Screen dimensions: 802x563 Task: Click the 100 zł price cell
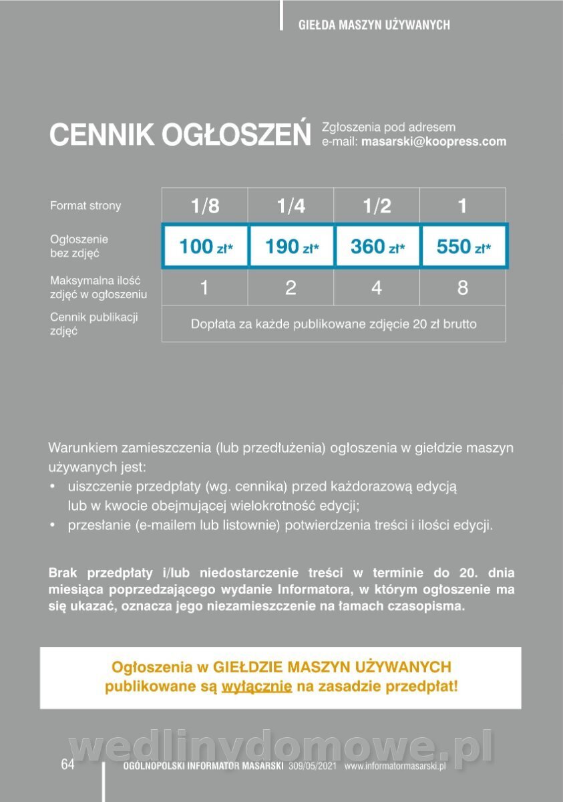(x=205, y=247)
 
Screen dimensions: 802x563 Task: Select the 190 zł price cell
(x=291, y=247)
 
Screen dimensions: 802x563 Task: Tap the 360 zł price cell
(x=377, y=247)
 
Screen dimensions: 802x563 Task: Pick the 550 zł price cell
(x=463, y=247)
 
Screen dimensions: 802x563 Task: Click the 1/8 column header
(x=205, y=206)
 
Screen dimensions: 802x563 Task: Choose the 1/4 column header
(x=291, y=206)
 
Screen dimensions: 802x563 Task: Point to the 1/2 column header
(x=377, y=206)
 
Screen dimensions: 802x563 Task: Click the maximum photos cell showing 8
(x=463, y=288)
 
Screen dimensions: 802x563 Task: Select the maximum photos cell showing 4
(x=377, y=288)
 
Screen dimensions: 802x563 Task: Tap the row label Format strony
(x=85, y=206)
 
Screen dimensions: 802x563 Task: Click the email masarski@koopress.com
(x=433, y=142)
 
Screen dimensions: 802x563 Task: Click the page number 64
(x=67, y=765)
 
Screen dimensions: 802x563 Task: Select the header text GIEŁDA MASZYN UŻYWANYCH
(x=374, y=25)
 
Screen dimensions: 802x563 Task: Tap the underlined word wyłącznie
(x=257, y=686)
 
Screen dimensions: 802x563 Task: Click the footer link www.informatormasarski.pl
(x=395, y=767)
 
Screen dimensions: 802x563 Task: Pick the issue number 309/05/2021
(x=314, y=767)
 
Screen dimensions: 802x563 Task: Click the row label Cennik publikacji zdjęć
(x=93, y=323)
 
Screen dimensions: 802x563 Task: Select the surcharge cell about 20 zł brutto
(x=334, y=325)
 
